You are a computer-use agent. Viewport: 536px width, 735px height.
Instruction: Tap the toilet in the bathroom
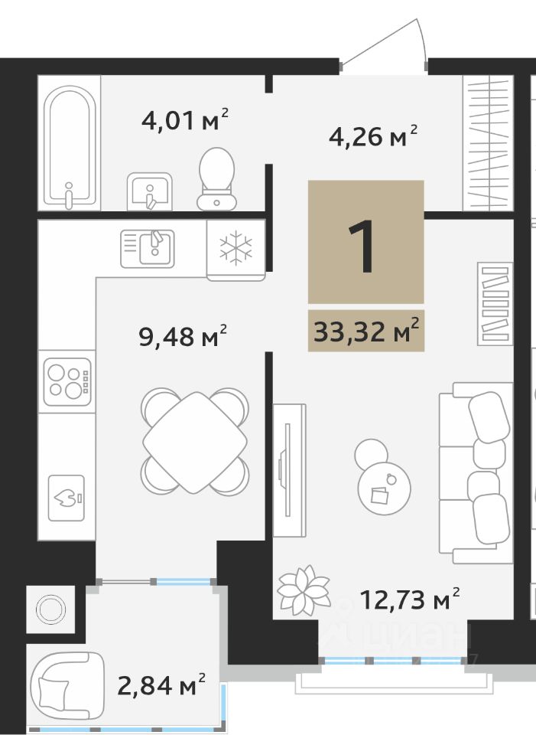(216, 178)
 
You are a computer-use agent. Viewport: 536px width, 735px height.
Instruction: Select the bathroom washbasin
(150, 191)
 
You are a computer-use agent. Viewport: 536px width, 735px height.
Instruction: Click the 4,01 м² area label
(185, 120)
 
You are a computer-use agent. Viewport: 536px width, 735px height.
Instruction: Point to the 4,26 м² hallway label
(373, 136)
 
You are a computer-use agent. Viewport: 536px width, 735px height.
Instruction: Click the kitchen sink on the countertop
(148, 248)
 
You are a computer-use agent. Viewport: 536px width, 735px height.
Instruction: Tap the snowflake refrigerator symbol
(236, 246)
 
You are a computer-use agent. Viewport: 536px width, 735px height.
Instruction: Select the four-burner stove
(67, 381)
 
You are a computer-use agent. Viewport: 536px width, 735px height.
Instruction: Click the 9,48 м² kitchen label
(183, 335)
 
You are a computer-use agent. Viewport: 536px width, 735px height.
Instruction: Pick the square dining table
(195, 443)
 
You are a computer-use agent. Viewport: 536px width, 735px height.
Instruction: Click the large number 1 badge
(366, 242)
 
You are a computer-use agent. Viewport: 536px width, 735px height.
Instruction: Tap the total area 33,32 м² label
(366, 331)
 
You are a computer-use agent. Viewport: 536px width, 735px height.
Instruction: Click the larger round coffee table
(385, 488)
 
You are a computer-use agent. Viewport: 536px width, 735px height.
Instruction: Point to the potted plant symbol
(304, 590)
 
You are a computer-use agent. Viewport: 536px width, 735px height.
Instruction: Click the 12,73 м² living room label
(410, 599)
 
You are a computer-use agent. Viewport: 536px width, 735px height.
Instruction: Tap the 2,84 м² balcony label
(161, 685)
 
